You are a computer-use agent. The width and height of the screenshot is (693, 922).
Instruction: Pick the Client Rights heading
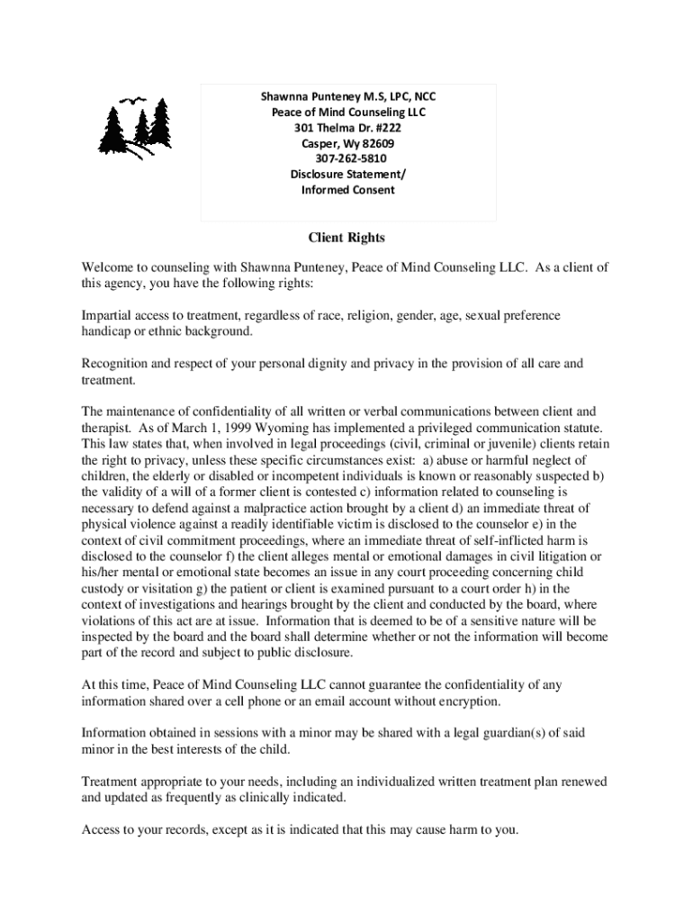click(346, 239)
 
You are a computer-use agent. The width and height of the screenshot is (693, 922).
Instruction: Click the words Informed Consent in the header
click(348, 190)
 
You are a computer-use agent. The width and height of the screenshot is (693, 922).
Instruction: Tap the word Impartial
click(107, 316)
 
